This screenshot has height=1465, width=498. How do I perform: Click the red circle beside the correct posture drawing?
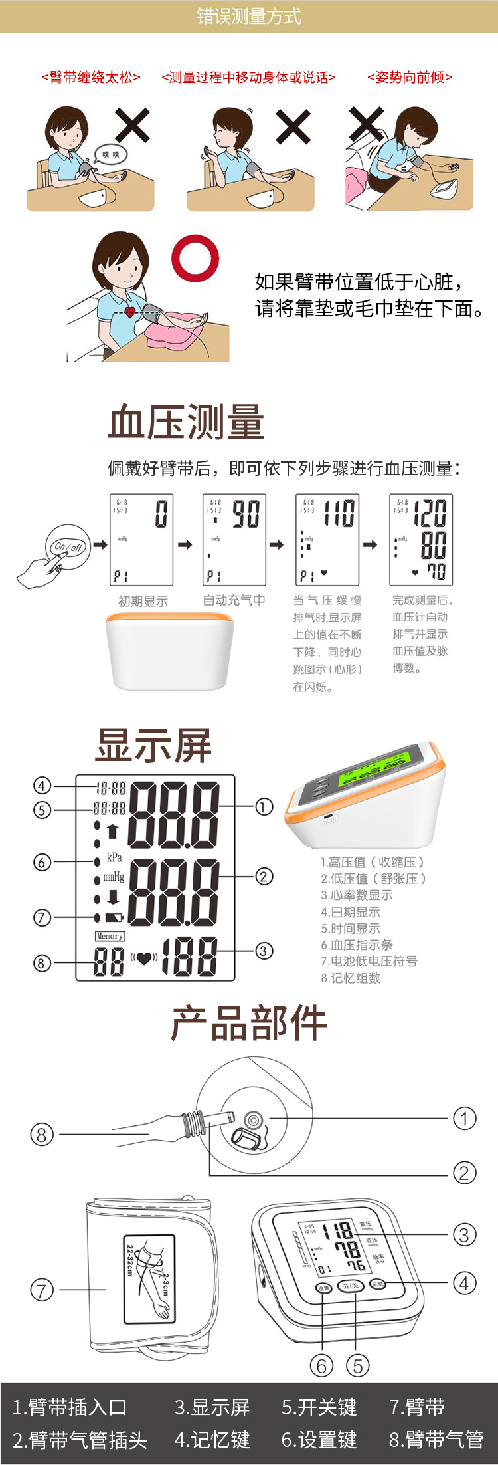[x=195, y=258]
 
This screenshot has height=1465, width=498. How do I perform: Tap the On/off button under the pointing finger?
[x=68, y=547]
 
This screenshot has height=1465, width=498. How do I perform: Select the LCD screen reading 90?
[x=234, y=539]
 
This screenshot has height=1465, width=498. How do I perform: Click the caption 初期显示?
[x=143, y=601]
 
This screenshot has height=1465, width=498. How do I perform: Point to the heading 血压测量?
[x=187, y=422]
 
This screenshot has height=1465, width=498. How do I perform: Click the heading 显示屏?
[x=153, y=744]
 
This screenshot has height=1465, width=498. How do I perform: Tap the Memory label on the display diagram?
[x=110, y=936]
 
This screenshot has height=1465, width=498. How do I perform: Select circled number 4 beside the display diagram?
[x=42, y=786]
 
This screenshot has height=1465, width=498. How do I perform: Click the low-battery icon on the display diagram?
[x=114, y=917]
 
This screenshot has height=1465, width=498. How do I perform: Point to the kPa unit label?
[x=114, y=857]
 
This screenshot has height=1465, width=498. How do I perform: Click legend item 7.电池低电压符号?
[x=369, y=961]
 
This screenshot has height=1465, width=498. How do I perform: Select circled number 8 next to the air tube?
[x=42, y=1134]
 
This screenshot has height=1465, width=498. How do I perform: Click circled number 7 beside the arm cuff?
[x=42, y=1290]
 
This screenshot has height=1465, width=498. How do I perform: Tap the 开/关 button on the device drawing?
[x=350, y=1286]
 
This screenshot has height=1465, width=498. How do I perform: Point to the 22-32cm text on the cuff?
[x=130, y=1260]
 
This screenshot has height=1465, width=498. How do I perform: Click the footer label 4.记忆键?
[x=212, y=1440]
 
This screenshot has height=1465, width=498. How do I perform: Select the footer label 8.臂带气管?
[x=436, y=1440]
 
